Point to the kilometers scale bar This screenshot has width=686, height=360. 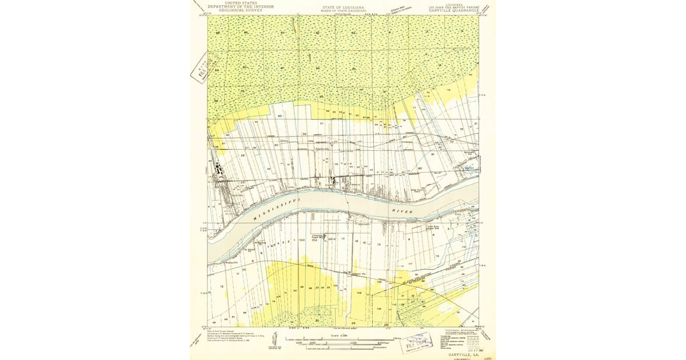(343, 347)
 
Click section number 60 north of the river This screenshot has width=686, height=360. (280, 116)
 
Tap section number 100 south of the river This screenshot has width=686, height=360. (301, 240)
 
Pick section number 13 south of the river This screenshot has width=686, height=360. (378, 244)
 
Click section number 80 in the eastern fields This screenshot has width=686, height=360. (420, 169)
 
